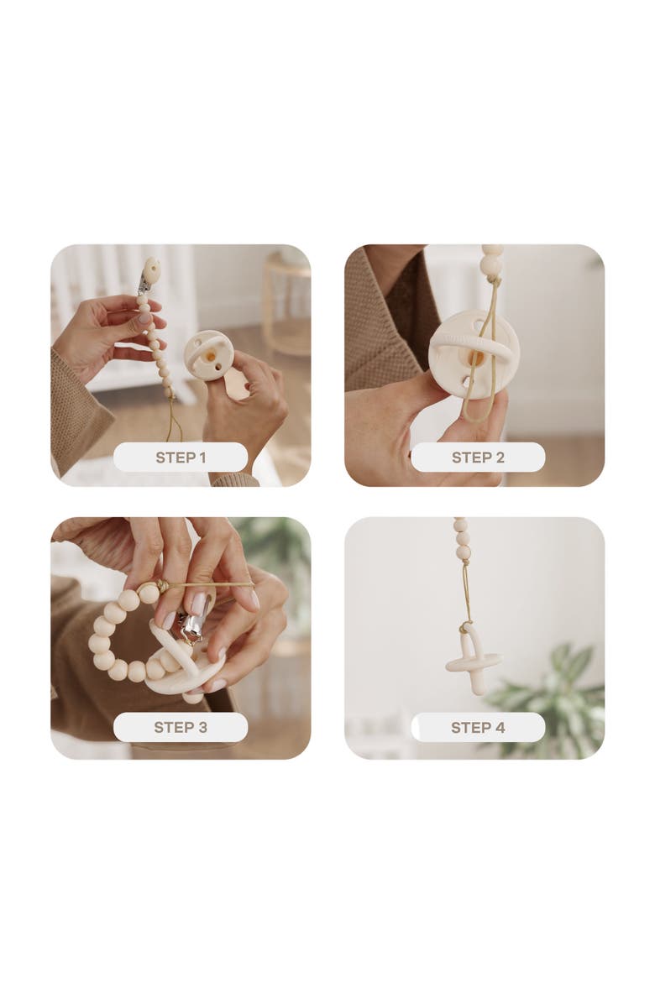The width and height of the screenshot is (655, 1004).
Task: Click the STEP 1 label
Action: click(181, 458)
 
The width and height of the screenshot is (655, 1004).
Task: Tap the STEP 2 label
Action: click(478, 458)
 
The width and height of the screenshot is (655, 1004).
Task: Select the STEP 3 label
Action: click(181, 727)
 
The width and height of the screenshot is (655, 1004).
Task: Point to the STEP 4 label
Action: click(478, 727)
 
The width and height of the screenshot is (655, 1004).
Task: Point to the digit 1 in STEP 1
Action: click(202, 458)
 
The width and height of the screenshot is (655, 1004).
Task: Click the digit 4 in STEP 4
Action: click(500, 727)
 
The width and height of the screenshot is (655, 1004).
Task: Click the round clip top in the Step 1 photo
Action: click(151, 270)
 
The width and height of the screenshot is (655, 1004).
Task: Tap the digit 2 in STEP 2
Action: click(500, 458)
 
